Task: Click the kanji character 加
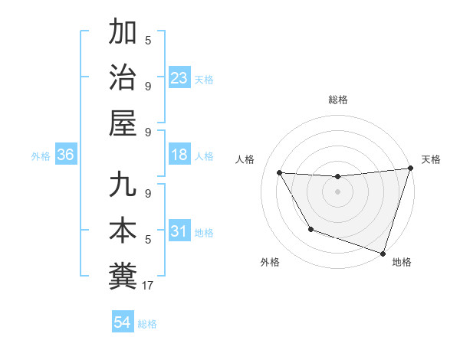[x=123, y=33]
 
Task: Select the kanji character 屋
[x=123, y=123]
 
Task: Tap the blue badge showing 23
[x=179, y=77]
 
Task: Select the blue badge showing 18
[x=179, y=155]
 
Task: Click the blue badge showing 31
[x=179, y=231]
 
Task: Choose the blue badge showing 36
[x=65, y=155]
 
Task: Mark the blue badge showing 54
[x=122, y=322]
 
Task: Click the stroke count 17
[x=149, y=286]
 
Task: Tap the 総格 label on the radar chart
[x=338, y=100]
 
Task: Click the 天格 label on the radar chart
[x=431, y=159]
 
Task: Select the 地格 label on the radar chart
[x=402, y=262]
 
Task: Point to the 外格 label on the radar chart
[x=270, y=262]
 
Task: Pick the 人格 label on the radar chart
[x=245, y=159]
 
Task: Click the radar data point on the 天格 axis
[x=410, y=169]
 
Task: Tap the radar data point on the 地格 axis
[x=383, y=252]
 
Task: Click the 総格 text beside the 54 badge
[x=148, y=324]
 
